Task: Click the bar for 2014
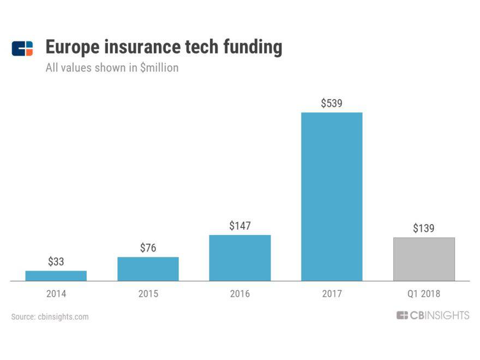pos(56,275)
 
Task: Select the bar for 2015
pos(148,269)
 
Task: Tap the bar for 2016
pos(239,258)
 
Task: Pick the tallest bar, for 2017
pos(332,196)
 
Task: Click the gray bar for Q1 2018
pos(424,259)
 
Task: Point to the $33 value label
pos(56,262)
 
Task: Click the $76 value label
pos(148,248)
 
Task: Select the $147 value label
pos(239,226)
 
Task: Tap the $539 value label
pos(332,103)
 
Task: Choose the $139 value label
pos(424,229)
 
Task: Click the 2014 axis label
pos(56,294)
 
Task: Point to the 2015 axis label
pos(148,294)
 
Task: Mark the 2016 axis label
pos(239,294)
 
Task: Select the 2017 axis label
pos(332,294)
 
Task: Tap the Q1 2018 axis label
pos(424,294)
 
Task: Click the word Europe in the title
pos(73,48)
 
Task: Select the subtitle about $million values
pos(112,69)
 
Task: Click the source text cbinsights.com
pos(63,316)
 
